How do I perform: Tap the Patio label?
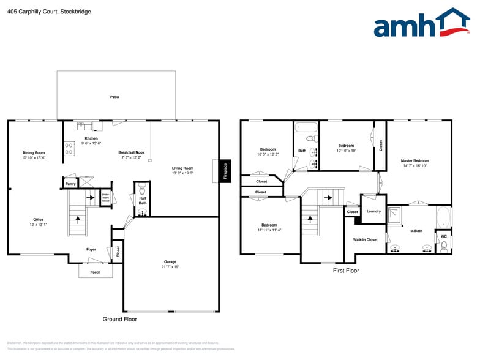click(114, 97)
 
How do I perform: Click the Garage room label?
click(171, 262)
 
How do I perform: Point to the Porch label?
click(95, 272)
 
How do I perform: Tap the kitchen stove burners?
click(69, 149)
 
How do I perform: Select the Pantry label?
click(70, 183)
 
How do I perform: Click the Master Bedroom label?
click(415, 160)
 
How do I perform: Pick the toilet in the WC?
click(444, 246)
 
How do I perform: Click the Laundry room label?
click(373, 211)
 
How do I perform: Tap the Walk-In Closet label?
click(365, 239)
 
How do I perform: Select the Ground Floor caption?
click(119, 319)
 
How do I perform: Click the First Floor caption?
click(346, 270)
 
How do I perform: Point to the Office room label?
click(38, 219)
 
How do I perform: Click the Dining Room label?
click(34, 152)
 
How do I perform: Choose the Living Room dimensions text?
click(182, 173)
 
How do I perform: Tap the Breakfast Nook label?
click(131, 152)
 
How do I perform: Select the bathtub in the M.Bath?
click(442, 217)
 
